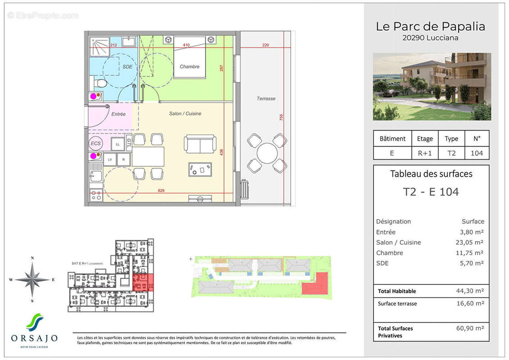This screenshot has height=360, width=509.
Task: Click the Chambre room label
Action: tap(189, 67)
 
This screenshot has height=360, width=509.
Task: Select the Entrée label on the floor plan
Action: tap(118, 114)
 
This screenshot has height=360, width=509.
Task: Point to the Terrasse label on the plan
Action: tap(266, 99)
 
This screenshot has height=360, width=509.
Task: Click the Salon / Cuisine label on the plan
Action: tap(185, 114)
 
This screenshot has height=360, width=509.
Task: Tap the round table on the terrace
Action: tap(267, 153)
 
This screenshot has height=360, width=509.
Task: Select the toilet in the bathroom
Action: tap(100, 84)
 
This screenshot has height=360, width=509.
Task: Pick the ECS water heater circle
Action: tap(96, 144)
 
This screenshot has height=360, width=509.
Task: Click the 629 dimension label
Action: tap(161, 191)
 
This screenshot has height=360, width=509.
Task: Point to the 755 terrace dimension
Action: tap(281, 117)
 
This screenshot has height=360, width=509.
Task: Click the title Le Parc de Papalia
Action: tap(430, 27)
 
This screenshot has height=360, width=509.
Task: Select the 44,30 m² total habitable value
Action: tap(470, 291)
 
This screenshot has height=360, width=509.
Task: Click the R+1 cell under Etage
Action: tap(424, 153)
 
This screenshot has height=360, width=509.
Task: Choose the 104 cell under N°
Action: tap(476, 153)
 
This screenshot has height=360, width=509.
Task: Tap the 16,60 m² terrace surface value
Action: tap(470, 304)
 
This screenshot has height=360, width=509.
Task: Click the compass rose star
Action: tap(32, 279)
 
